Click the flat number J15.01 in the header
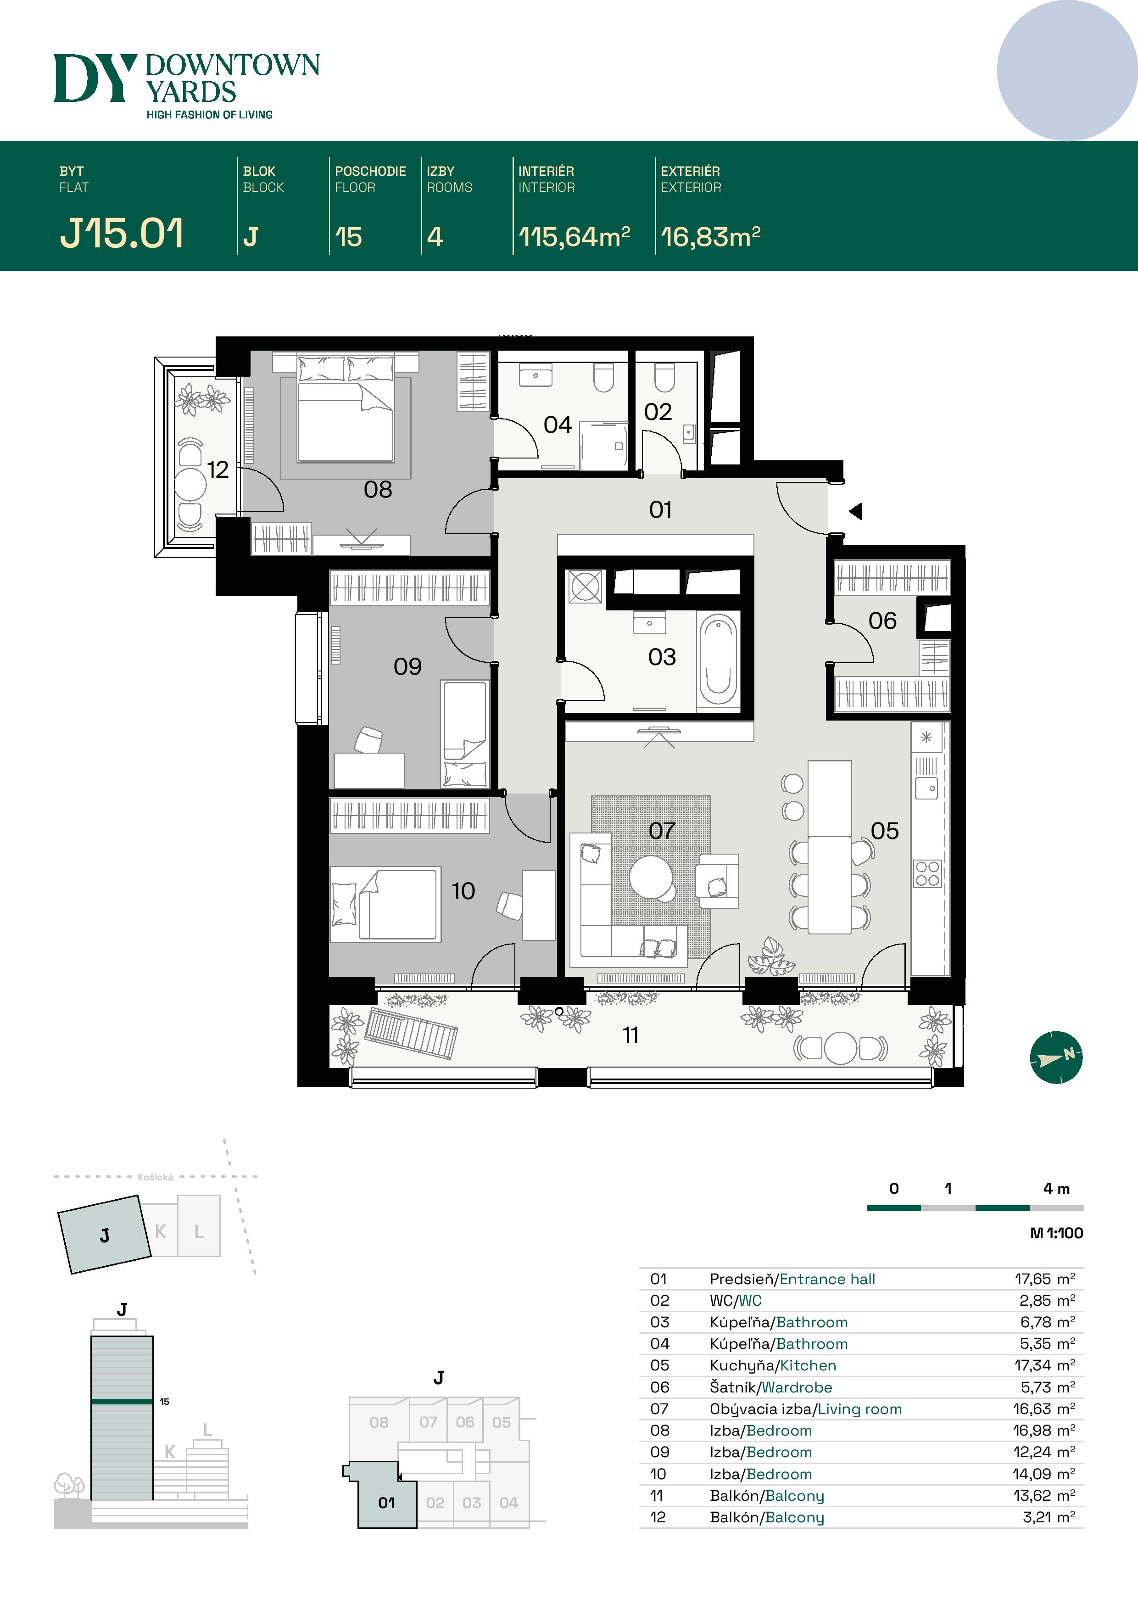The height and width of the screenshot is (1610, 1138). point(121,234)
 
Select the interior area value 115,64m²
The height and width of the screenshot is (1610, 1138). point(574,237)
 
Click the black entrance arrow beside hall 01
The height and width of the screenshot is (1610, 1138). point(855,511)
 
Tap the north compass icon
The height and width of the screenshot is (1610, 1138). point(1056,1057)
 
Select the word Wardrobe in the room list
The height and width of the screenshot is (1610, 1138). point(797,1387)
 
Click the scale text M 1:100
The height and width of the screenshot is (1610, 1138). point(1056,1233)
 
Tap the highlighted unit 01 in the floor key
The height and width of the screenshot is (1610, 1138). point(386,1503)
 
